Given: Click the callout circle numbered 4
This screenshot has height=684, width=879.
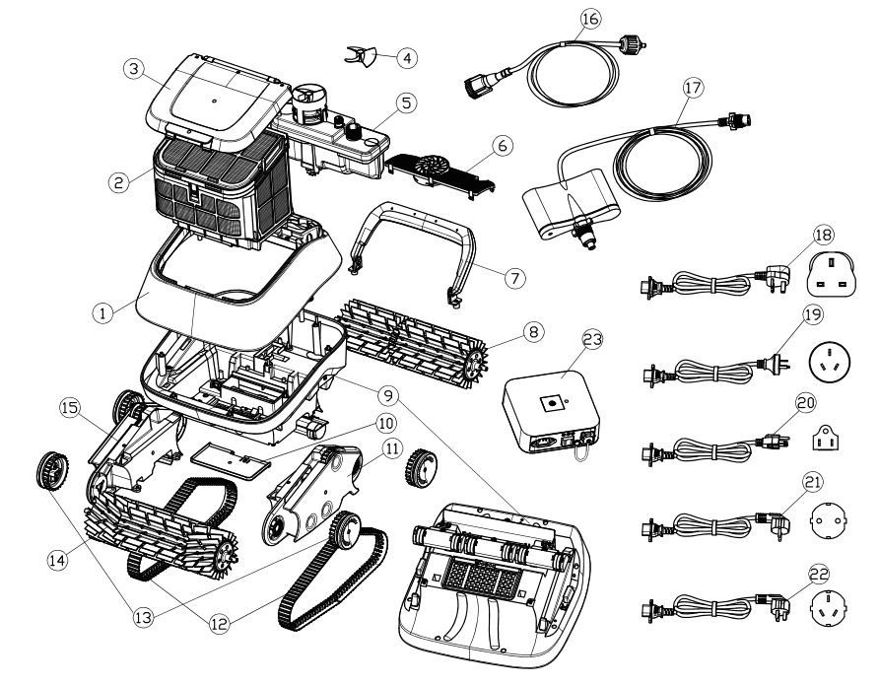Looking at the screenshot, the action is click(407, 58).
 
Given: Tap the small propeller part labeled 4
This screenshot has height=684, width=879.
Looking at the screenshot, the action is click(361, 56).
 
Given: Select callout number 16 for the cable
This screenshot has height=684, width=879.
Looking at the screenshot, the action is click(589, 19).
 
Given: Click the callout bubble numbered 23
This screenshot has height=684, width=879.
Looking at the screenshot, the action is click(592, 340).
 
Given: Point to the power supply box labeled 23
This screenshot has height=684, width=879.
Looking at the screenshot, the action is click(551, 412).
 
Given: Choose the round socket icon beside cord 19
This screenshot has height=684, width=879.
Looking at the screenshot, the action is click(830, 362).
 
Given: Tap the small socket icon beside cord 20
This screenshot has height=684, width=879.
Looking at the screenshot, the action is click(825, 437).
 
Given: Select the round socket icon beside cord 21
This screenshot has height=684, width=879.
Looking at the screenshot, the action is click(829, 520).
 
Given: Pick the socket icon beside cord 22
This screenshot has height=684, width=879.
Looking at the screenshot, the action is click(829, 607).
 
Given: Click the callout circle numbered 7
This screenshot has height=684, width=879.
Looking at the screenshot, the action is click(514, 277).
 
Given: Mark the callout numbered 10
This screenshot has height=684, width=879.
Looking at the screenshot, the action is click(385, 423).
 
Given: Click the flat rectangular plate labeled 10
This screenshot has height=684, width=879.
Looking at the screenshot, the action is click(230, 459).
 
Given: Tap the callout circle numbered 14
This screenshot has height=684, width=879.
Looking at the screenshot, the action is click(58, 560).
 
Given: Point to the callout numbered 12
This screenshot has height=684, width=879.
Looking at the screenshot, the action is click(219, 624).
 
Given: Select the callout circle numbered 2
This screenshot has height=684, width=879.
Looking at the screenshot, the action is click(119, 182).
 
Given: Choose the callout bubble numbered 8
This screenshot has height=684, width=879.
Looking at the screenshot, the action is click(532, 332).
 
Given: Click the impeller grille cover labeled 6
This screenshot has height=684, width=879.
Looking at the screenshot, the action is click(440, 172).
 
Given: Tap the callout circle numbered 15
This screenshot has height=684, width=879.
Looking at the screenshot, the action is click(71, 408).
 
